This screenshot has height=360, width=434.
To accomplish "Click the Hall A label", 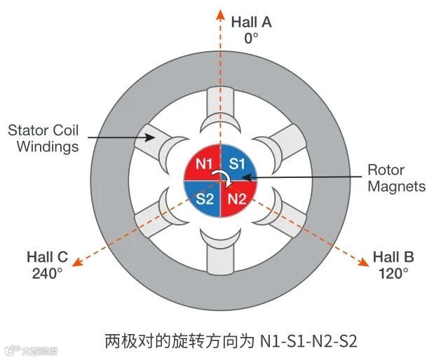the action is (251, 22).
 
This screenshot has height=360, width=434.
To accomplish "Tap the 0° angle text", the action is (251, 38).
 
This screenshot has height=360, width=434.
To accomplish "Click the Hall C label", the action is (47, 256).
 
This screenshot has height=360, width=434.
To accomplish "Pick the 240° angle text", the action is (48, 273).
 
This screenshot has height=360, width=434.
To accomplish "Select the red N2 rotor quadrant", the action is (238, 199).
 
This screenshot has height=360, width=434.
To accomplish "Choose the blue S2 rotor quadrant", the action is (204, 199).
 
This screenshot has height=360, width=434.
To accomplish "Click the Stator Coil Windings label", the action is (43, 138).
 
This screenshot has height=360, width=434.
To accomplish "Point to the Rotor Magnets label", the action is (396, 178).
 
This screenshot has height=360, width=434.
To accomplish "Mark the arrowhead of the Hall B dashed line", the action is (365, 263).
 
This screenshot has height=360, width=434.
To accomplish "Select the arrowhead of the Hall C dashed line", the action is (78, 263).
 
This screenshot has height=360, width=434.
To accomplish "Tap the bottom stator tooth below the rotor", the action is (221, 252).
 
